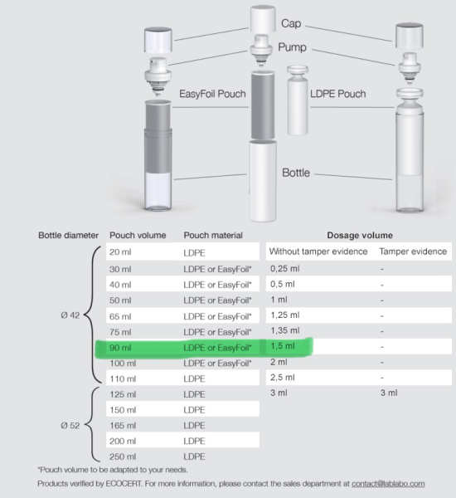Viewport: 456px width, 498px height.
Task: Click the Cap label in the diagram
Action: coord(291,23)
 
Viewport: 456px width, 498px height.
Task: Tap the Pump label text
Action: coord(293,47)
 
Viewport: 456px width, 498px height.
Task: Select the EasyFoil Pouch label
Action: coord(212,94)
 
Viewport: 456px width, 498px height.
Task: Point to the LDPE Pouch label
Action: coord(338,94)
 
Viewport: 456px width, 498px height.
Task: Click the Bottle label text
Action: coord(296,173)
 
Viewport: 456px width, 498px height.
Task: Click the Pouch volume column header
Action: coord(138,236)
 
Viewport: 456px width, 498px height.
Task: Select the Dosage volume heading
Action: coord(360,236)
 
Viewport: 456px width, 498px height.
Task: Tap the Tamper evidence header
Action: coord(413,251)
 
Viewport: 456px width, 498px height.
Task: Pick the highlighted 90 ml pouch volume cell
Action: coord(120,348)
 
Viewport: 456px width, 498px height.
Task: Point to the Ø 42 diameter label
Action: coord(70,315)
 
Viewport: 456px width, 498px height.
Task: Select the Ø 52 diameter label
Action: coord(70,426)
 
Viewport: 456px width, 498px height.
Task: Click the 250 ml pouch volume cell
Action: coord(123,456)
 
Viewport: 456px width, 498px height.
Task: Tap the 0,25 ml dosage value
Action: coord(284,269)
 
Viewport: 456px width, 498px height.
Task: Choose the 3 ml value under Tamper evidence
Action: coord(389,393)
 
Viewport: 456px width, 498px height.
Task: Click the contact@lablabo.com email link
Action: coord(388,484)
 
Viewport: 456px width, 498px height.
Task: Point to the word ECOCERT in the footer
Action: coord(124,484)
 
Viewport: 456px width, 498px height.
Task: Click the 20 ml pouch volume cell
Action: coord(120,252)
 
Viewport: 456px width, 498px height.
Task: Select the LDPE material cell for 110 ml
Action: coord(194,379)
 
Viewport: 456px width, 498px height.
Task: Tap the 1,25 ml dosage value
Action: coord(284,315)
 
